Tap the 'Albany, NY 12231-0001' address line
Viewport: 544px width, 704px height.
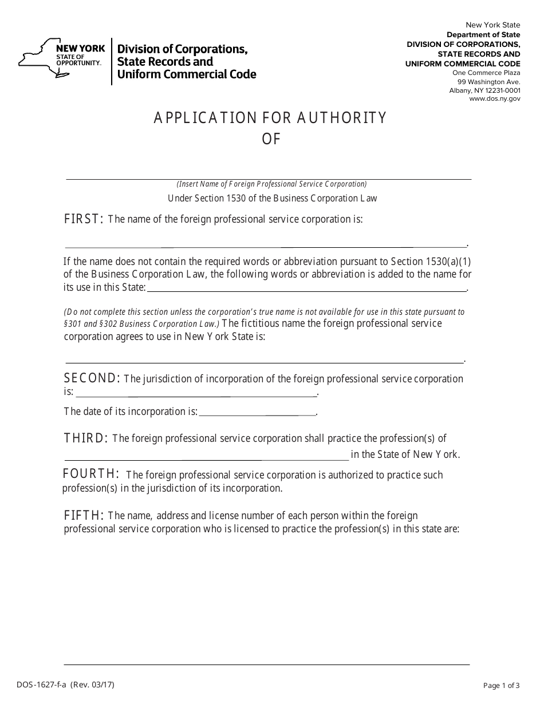click(x=485, y=90)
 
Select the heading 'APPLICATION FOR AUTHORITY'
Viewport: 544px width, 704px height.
click(x=270, y=118)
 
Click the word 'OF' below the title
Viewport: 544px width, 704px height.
click(x=271, y=139)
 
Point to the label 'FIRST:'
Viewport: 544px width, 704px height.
click(x=84, y=219)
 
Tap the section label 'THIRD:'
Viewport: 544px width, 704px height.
click(x=86, y=438)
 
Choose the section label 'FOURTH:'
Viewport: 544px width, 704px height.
click(x=90, y=474)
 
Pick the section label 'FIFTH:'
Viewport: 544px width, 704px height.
click(x=84, y=515)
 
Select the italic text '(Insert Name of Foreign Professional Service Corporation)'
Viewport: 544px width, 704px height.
click(x=271, y=184)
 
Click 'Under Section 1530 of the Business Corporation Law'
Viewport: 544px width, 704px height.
click(x=272, y=199)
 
